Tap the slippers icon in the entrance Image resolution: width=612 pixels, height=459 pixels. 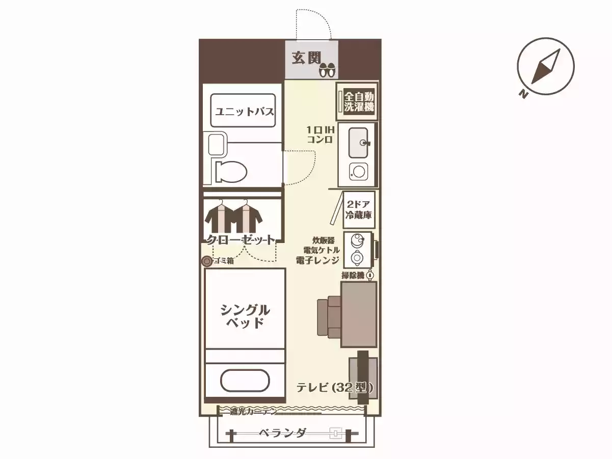tap(326, 70)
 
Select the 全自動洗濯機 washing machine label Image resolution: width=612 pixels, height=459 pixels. tap(359, 101)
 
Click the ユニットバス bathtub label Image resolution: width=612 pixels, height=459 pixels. tap(244, 111)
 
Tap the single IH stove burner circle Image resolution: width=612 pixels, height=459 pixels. tap(358, 171)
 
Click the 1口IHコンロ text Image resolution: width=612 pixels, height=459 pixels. tap(320, 134)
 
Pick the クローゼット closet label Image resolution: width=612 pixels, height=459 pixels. tap(240, 239)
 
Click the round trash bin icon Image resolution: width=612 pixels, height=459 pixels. tap(207, 261)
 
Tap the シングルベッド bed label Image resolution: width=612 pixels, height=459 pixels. tap(245, 316)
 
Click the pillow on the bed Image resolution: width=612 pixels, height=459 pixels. tap(245, 380)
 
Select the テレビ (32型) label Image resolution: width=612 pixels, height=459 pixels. tap(335, 388)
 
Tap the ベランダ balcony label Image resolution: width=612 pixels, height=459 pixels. tap(282, 434)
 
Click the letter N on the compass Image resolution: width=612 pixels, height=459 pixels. tap(523, 93)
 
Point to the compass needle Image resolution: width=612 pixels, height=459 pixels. tap(546, 66)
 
